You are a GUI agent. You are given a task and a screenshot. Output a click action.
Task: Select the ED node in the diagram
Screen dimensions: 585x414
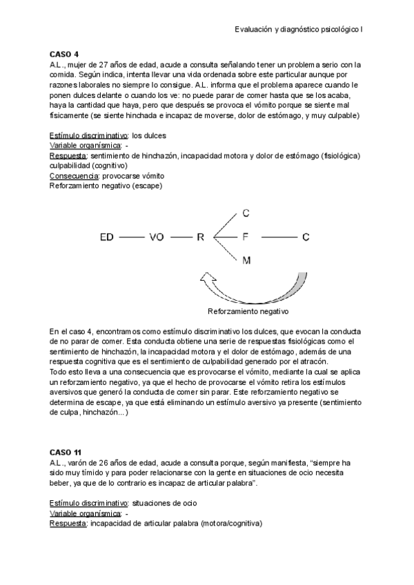106,237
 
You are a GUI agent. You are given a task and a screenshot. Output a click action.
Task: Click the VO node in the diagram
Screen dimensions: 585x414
157,237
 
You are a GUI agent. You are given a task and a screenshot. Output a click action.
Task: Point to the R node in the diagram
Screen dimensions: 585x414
200,237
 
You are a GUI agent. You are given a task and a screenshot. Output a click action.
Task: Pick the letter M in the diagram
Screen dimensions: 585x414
246,260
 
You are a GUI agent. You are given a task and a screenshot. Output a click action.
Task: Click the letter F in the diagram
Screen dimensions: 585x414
245,237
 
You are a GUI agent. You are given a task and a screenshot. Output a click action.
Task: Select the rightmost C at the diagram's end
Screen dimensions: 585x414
306,237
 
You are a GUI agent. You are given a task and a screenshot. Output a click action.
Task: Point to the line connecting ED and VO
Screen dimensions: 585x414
131,237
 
